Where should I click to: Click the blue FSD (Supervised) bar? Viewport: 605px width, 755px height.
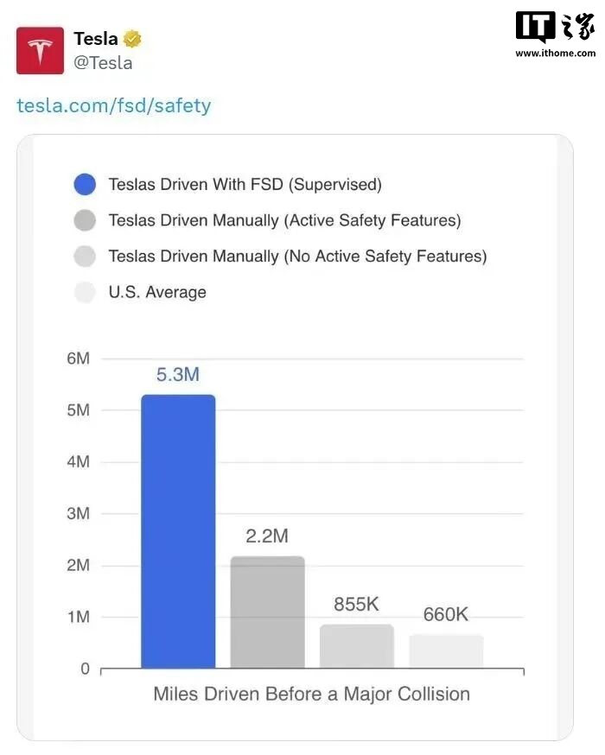(178, 531)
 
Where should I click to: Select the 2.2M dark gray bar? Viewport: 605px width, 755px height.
(267, 612)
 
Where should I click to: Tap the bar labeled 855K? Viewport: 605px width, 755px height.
(356, 646)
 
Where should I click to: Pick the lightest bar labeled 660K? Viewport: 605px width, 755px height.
(446, 651)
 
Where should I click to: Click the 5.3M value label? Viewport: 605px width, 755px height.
(178, 375)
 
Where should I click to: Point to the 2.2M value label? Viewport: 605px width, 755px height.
(267, 536)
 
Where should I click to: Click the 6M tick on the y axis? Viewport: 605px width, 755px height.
(79, 358)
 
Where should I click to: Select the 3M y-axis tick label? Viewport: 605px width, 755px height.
(79, 513)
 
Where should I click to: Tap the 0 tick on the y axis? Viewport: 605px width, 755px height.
(85, 669)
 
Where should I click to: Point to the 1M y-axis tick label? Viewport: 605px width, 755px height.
(79, 617)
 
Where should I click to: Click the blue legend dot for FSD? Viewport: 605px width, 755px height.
(85, 184)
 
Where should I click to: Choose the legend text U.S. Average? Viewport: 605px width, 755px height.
(157, 292)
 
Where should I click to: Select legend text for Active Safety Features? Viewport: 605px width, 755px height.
(284, 220)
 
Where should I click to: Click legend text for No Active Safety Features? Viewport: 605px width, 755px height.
(297, 256)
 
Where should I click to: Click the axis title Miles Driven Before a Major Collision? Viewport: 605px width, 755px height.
(311, 694)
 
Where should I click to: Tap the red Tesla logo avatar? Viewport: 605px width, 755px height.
(40, 49)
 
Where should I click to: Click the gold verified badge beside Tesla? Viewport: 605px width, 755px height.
(132, 39)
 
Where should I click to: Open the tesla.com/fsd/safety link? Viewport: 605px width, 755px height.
(114, 105)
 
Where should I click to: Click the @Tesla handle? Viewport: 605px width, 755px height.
(103, 62)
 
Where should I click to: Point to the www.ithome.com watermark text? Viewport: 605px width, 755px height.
(554, 53)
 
